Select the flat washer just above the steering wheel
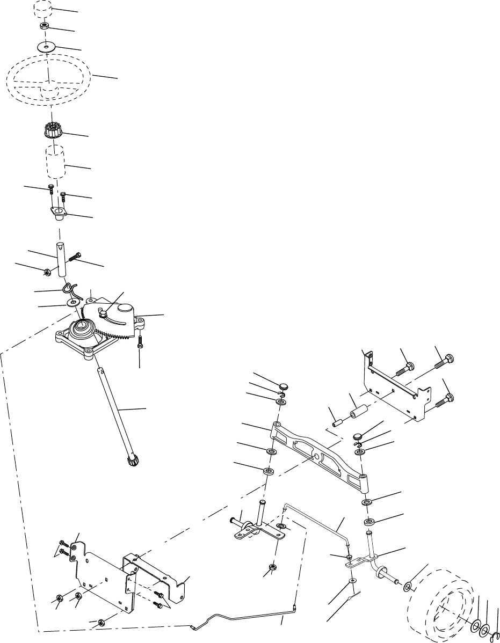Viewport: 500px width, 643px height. [x=47, y=47]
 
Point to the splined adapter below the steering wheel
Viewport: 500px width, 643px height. [x=52, y=130]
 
